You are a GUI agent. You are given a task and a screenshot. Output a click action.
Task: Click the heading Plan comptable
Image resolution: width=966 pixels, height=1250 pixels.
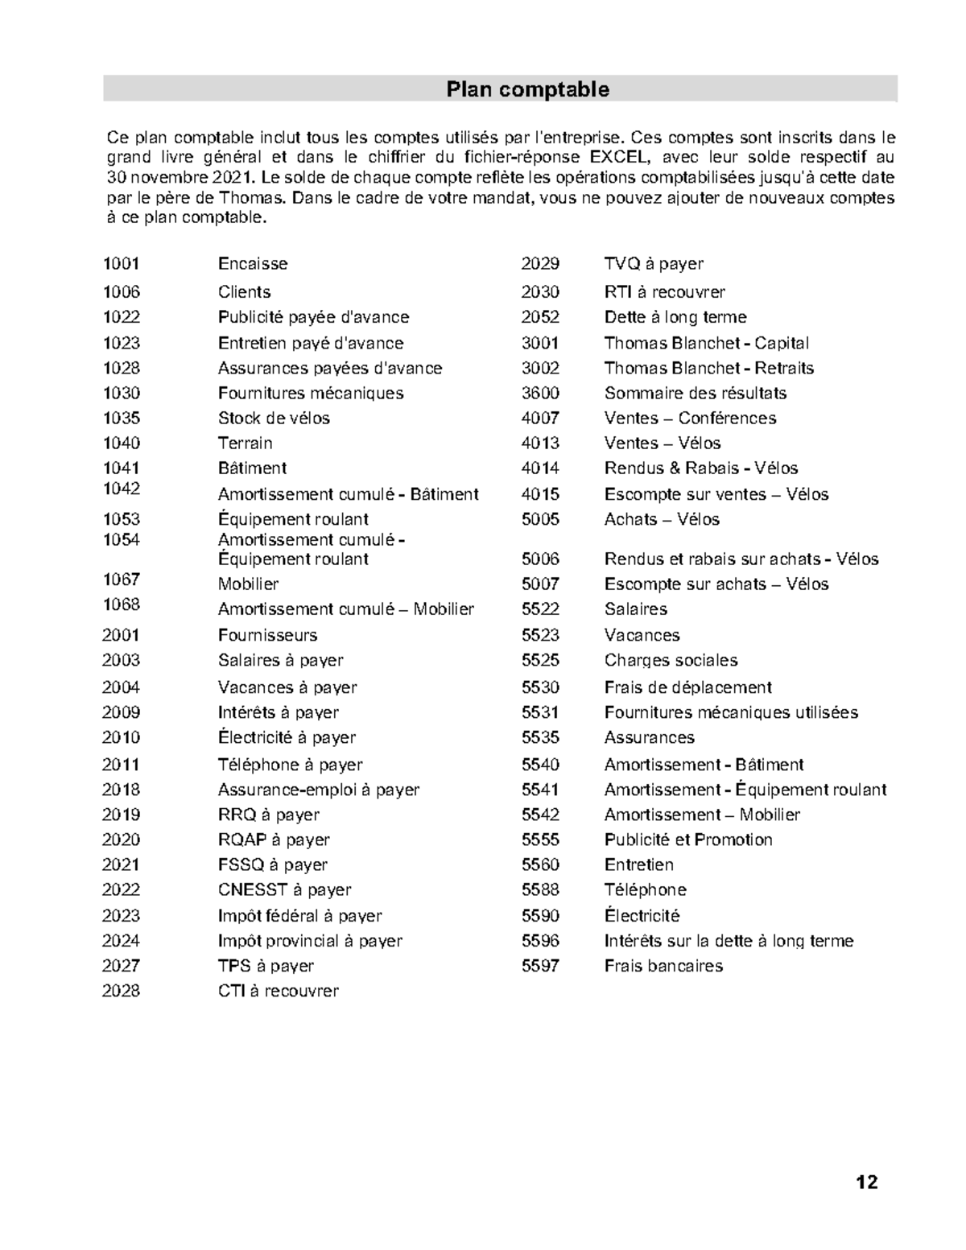coord(527,89)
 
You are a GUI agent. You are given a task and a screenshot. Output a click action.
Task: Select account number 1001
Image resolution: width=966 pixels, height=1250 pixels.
coord(121,263)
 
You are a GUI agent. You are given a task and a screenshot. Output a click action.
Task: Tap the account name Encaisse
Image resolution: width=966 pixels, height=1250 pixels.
coord(253,263)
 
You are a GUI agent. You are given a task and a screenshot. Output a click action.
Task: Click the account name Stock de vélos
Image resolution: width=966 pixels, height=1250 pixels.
coord(274,418)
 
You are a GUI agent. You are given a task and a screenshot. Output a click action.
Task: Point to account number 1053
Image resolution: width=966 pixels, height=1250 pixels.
coord(121,519)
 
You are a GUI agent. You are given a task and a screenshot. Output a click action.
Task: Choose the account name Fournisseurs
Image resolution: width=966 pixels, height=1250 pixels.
coord(267,635)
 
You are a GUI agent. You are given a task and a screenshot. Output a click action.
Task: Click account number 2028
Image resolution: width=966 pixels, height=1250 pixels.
coord(121,991)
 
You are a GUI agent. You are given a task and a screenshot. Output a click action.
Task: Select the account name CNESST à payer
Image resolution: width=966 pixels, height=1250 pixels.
coord(284,889)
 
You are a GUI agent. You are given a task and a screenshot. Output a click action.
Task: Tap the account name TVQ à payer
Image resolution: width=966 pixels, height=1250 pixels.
coord(654,263)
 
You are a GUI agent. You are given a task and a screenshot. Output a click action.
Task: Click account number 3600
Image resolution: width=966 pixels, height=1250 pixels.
coord(540,393)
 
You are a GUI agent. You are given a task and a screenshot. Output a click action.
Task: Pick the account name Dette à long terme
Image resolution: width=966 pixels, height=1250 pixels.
coord(675,317)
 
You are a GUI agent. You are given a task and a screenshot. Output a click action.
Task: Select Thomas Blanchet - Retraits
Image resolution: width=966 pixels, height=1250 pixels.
coord(709,368)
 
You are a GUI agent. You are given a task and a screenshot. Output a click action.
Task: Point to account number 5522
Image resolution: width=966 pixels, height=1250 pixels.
coord(540,609)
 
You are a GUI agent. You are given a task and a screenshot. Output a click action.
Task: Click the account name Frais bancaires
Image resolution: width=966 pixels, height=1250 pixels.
coord(663,966)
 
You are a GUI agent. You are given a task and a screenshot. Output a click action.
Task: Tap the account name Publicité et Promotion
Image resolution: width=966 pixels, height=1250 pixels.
coord(688,840)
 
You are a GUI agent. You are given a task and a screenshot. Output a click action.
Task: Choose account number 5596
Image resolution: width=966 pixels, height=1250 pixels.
coord(540,941)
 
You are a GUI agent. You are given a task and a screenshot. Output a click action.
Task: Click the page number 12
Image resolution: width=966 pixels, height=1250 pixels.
coord(867,1182)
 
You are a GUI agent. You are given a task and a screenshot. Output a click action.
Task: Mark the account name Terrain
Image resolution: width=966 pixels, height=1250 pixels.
coord(245,443)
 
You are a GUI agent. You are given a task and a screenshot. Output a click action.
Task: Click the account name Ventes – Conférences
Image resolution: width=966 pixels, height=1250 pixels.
coord(690,418)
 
